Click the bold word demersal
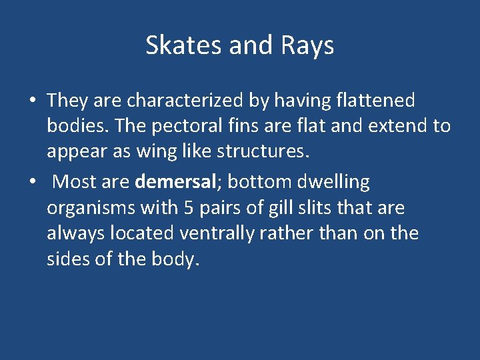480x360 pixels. coord(175,181)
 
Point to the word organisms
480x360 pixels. coord(91,208)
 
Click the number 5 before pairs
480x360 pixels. coord(189,208)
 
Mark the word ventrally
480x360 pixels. coord(213,233)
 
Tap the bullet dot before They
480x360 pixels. coord(33,101)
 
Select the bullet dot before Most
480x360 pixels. coord(33,182)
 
